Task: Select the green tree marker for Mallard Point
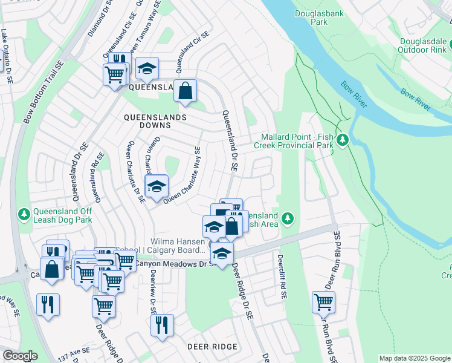click(343, 140)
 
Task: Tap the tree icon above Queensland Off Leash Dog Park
click(24, 214)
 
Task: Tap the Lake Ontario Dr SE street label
click(7, 55)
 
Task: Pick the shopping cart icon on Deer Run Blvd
click(323, 302)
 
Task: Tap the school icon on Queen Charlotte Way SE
click(157, 187)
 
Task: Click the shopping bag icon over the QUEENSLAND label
click(186, 91)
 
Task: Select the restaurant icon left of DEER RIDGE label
click(162, 325)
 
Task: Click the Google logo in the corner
click(20, 356)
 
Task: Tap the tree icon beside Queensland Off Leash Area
click(288, 217)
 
